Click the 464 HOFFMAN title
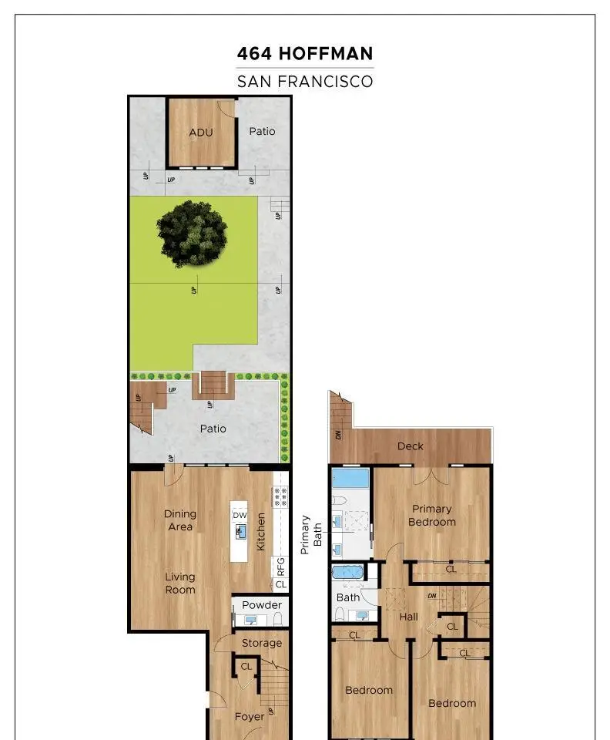[x=305, y=53]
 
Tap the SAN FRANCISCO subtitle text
[x=305, y=81]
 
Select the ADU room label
[x=201, y=133]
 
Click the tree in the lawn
[x=193, y=234]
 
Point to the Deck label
[x=410, y=446]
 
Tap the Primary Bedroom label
[x=432, y=516]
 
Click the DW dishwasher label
[x=240, y=516]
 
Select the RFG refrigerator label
[x=280, y=567]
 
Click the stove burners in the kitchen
[x=280, y=497]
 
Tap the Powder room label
[x=262, y=605]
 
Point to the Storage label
[x=262, y=643]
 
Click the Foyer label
[x=250, y=717]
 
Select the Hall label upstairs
[x=409, y=617]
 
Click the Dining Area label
[x=180, y=520]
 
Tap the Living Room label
[x=180, y=584]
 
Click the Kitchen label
[x=260, y=532]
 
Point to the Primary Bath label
[x=311, y=534]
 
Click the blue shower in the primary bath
[x=350, y=478]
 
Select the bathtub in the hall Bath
[x=347, y=573]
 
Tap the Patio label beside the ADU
[x=262, y=131]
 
